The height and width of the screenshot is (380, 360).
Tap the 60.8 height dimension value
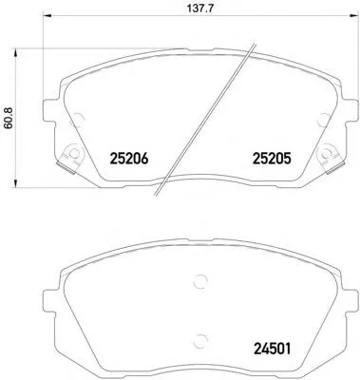(9, 118)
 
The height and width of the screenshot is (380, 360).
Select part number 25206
(129, 159)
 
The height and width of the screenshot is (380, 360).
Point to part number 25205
(272, 159)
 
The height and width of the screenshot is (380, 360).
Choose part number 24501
(273, 349)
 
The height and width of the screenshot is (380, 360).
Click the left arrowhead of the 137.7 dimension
(47, 15)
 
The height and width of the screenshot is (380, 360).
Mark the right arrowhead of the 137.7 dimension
(354, 15)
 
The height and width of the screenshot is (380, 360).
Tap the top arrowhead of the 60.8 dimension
(14, 53)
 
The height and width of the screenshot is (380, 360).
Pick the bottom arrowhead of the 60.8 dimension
(14, 183)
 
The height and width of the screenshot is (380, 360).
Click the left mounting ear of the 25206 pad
(49, 111)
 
